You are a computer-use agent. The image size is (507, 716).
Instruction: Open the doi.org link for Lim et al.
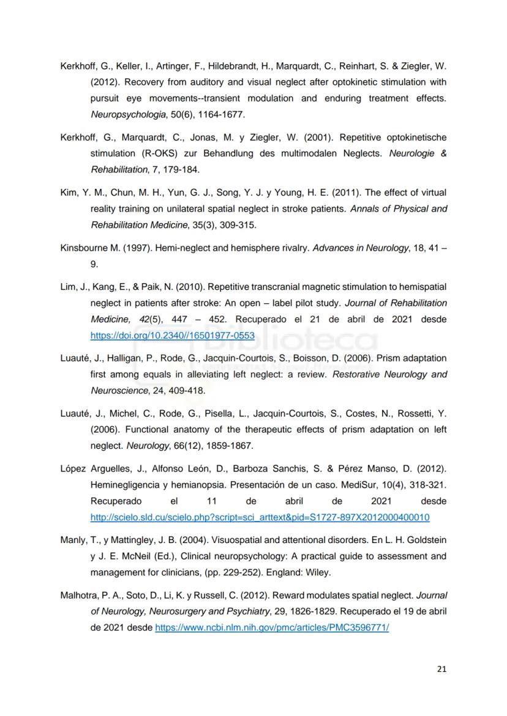point(172,336)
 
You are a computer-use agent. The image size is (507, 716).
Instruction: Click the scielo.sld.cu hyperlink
point(260,518)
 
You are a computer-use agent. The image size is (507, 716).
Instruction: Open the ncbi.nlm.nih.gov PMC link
point(272,628)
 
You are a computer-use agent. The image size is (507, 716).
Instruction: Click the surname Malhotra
point(80,596)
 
